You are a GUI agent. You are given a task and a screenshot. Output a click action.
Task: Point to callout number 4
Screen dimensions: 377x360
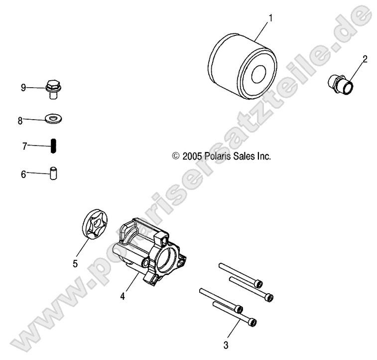tap(122, 296)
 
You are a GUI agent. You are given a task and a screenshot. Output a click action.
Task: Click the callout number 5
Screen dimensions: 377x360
tap(75, 264)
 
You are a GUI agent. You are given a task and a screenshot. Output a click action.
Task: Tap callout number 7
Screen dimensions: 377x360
tap(23, 147)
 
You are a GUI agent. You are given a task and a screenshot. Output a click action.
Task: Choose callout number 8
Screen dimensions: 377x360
tap(20, 120)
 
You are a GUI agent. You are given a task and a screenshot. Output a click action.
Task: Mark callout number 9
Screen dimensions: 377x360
tap(23, 88)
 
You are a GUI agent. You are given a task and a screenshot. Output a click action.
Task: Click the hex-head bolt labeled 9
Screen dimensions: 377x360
tap(53, 88)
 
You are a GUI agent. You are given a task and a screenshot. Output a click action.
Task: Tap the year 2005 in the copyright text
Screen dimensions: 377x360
tap(191, 156)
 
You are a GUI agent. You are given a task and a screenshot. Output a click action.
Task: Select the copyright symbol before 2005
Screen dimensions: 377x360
tap(175, 157)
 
